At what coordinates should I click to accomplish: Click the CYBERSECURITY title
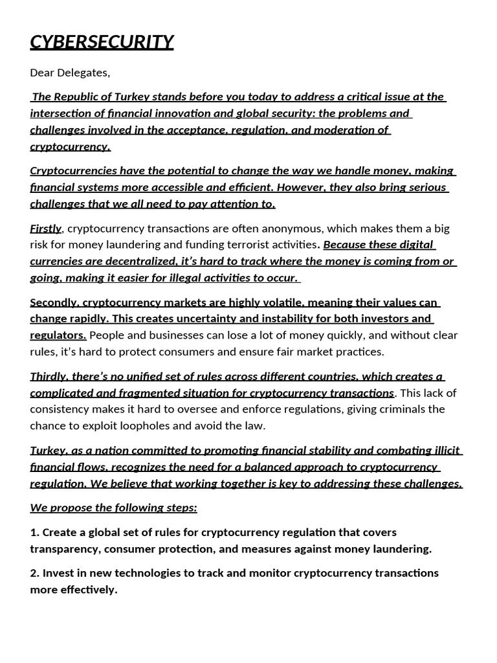(x=102, y=42)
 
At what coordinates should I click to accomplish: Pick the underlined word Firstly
(x=45, y=229)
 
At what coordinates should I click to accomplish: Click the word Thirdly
(x=49, y=376)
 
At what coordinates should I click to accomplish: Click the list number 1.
(x=34, y=532)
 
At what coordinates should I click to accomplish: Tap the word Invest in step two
(x=59, y=573)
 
